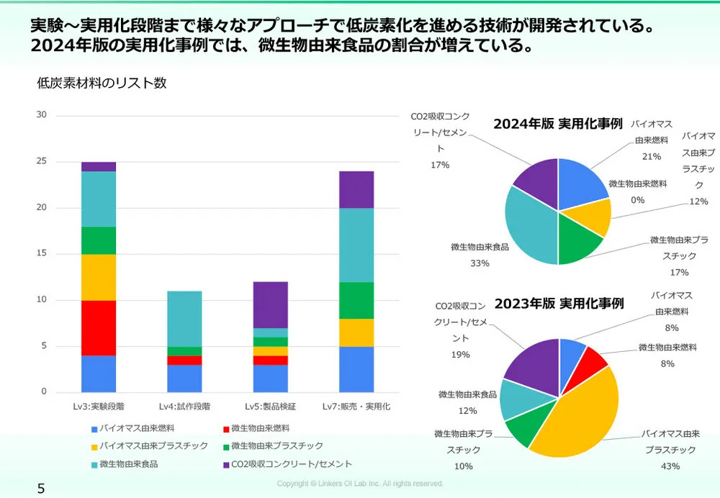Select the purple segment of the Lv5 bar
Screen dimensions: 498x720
pyautogui.click(x=271, y=304)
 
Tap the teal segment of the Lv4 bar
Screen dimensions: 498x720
pyautogui.click(x=185, y=319)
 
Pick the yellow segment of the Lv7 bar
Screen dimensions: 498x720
pyautogui.click(x=356, y=332)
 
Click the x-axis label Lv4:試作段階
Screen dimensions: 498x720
pyautogui.click(x=185, y=407)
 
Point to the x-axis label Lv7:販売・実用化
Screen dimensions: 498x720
pyautogui.click(x=356, y=407)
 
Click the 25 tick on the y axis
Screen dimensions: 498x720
pyautogui.click(x=42, y=161)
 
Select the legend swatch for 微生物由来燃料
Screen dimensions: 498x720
pyautogui.click(x=225, y=428)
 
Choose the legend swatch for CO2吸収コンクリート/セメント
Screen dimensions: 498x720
pyautogui.click(x=225, y=464)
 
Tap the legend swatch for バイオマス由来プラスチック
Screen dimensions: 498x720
pyautogui.click(x=94, y=446)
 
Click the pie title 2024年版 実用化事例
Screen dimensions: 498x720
pyautogui.click(x=557, y=123)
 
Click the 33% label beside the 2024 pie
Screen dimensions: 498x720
pyautogui.click(x=480, y=263)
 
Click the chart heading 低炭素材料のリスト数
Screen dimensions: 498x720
pyautogui.click(x=102, y=83)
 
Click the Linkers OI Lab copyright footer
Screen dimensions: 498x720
pyautogui.click(x=360, y=484)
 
